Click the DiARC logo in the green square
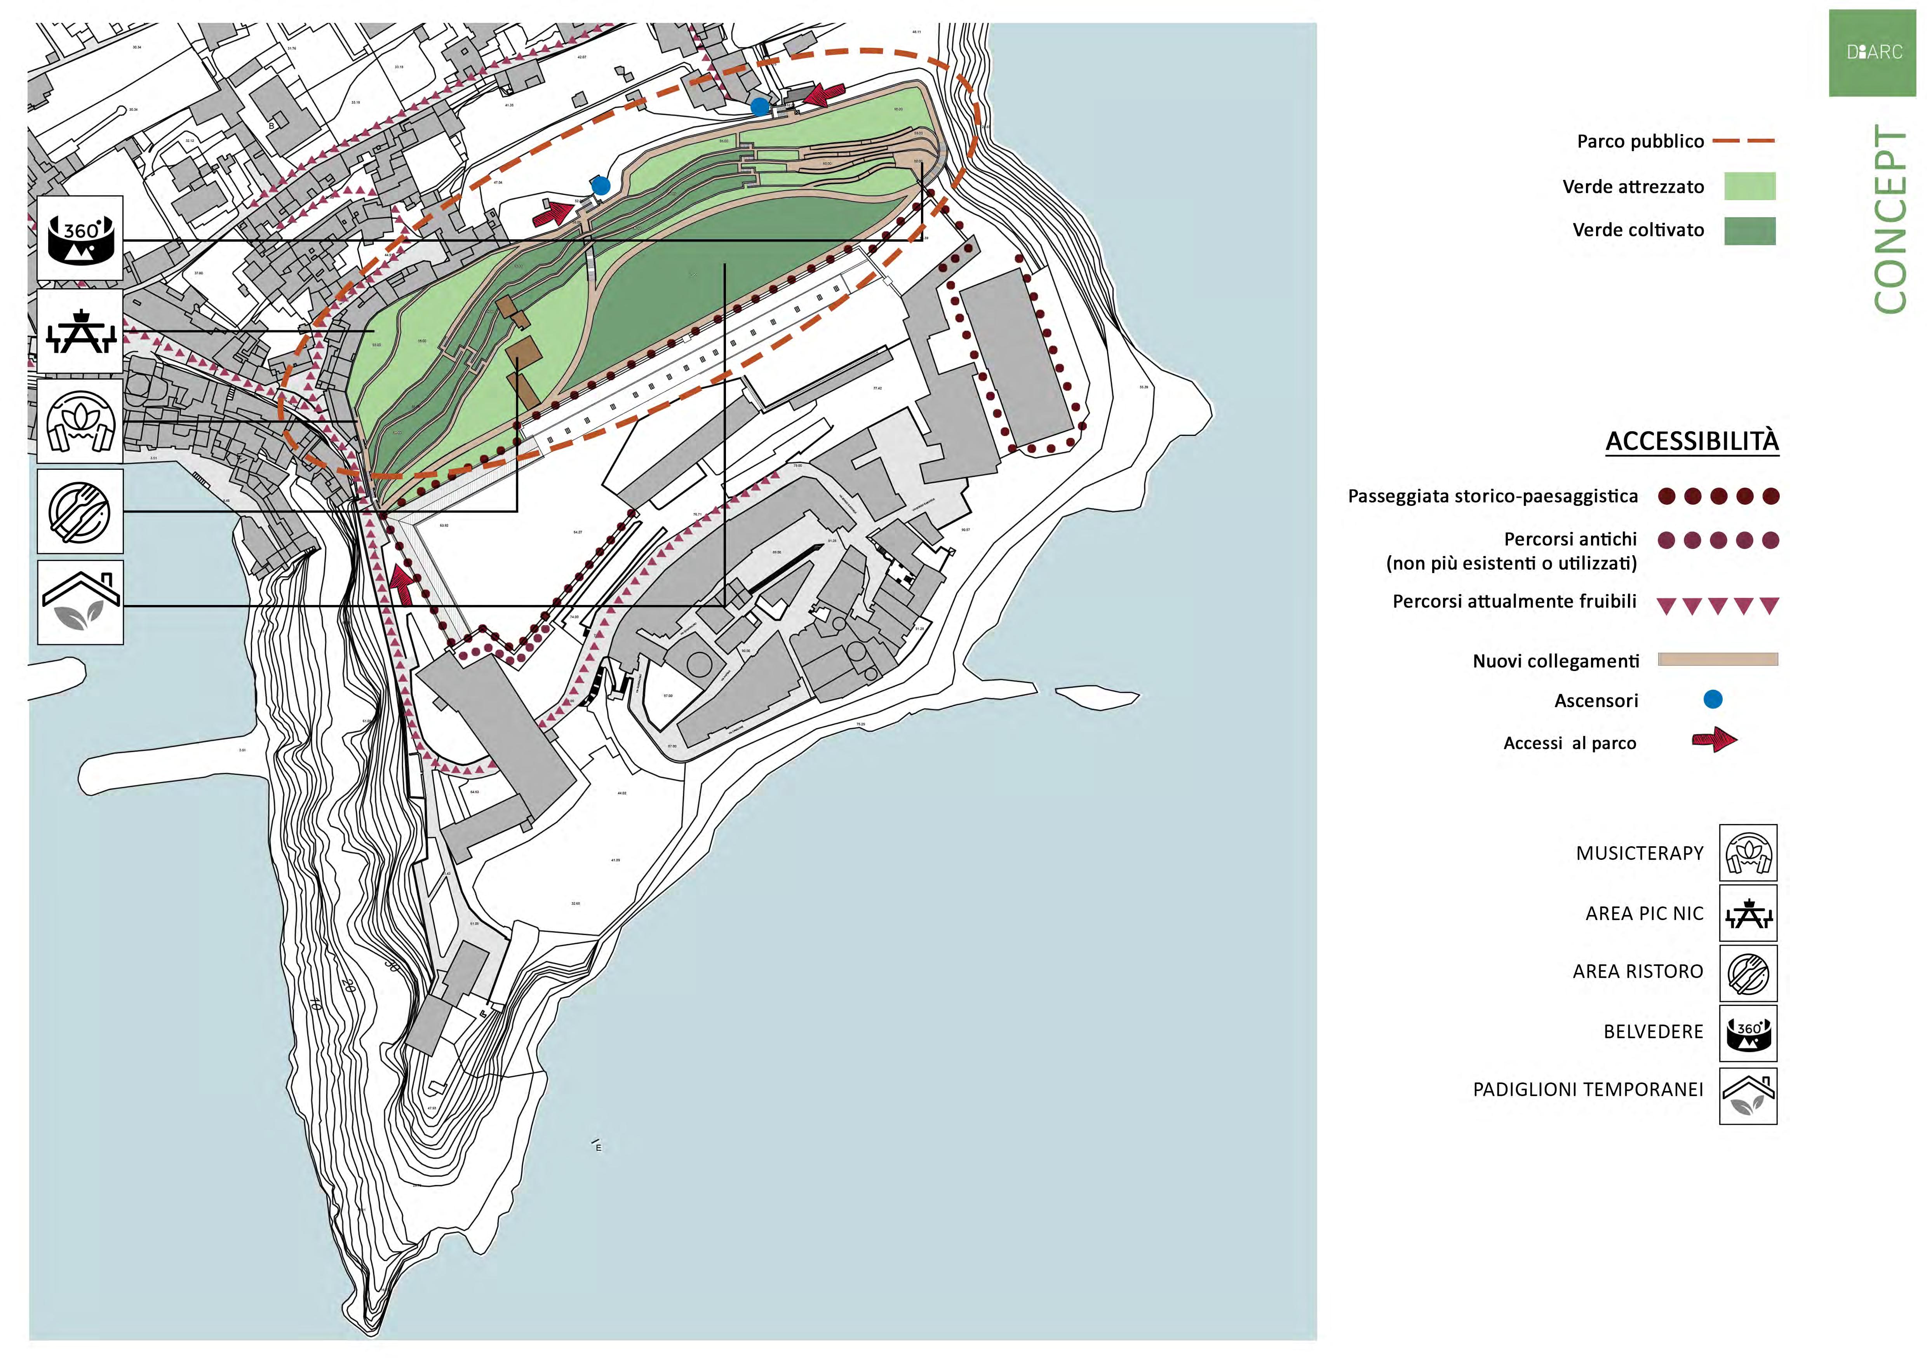(1874, 52)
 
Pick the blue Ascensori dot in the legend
(1713, 699)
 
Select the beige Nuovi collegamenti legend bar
(1717, 660)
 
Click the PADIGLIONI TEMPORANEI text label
(1588, 1089)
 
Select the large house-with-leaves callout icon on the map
(80, 603)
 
